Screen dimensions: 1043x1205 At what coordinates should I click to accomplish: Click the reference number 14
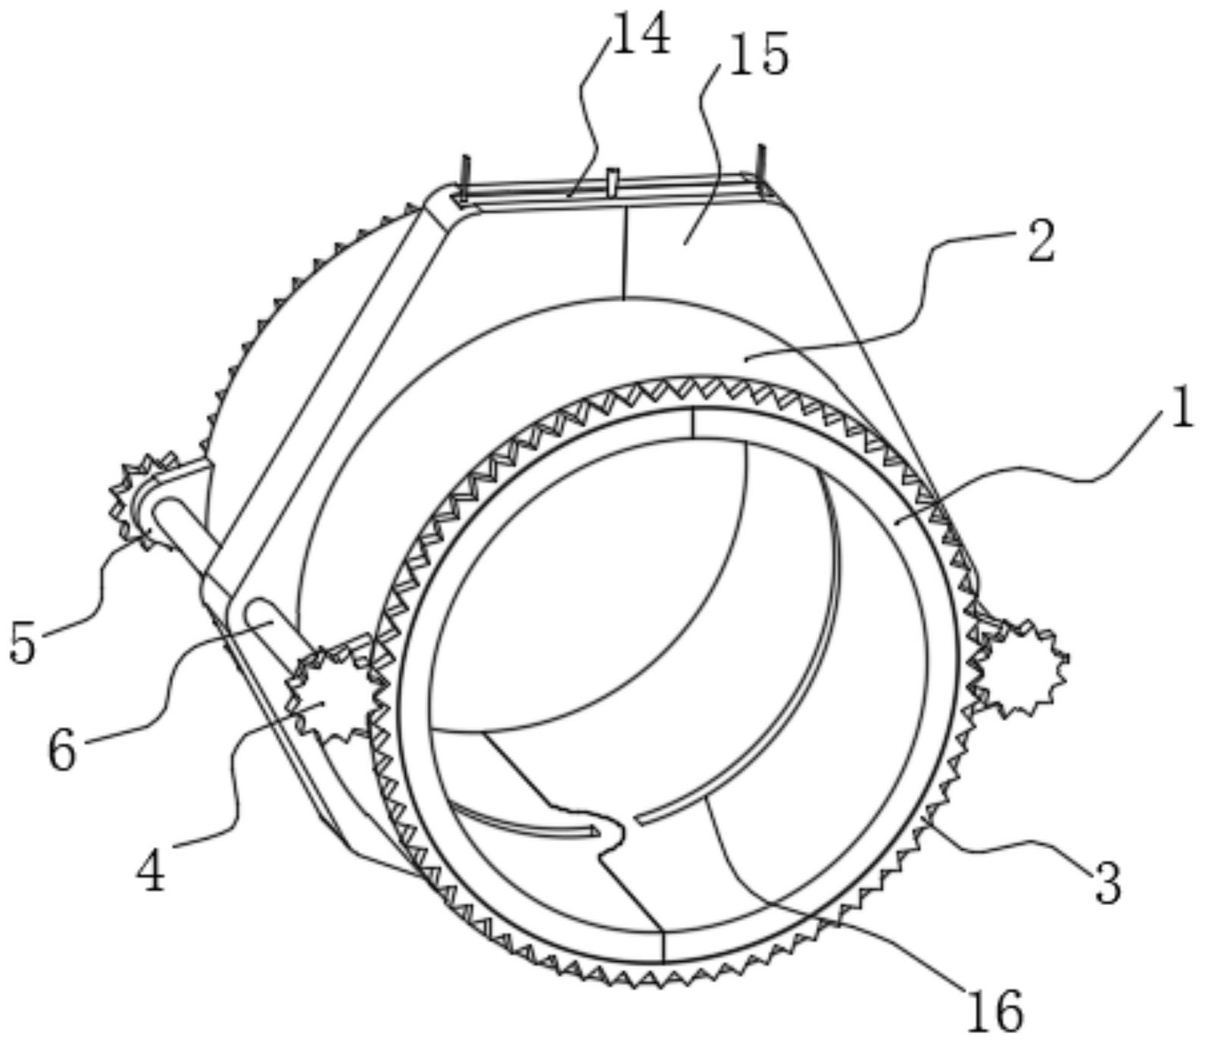click(641, 36)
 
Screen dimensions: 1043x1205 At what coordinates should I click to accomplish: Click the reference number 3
click(1107, 883)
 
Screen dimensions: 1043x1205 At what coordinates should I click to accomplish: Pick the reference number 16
click(994, 1010)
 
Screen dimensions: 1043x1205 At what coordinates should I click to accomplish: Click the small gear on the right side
click(1022, 667)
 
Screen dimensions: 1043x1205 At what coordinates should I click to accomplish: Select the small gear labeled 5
click(144, 496)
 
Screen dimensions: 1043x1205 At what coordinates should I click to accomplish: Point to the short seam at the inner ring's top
click(693, 423)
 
